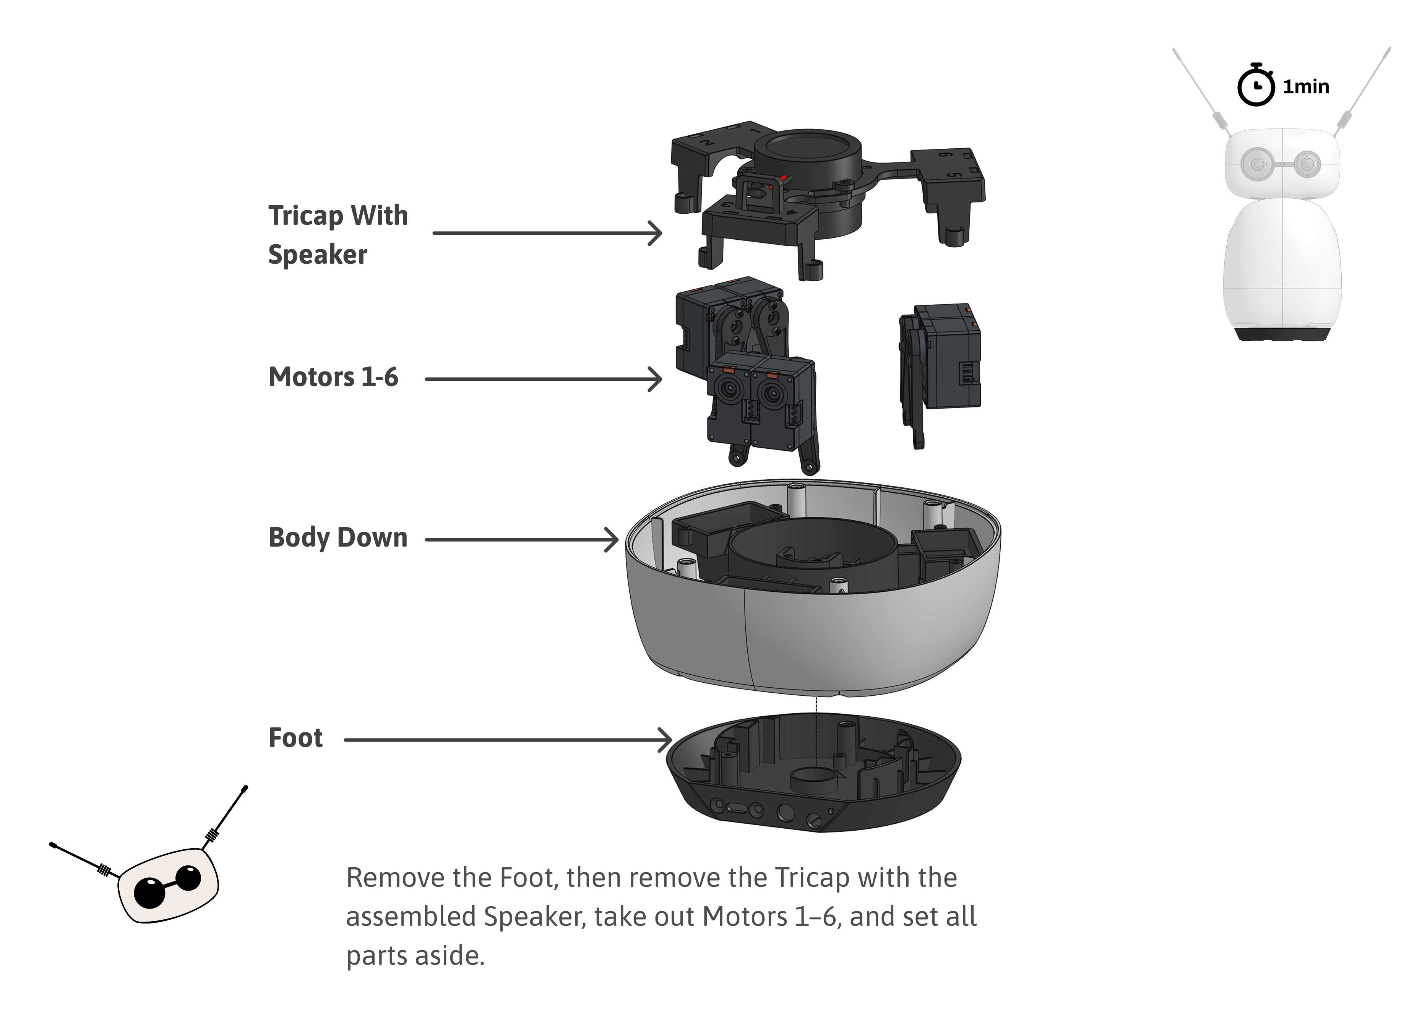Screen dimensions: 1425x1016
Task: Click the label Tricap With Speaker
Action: (338, 235)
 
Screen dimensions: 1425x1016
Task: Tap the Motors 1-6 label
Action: (333, 377)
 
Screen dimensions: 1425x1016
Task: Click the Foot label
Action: (295, 738)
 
